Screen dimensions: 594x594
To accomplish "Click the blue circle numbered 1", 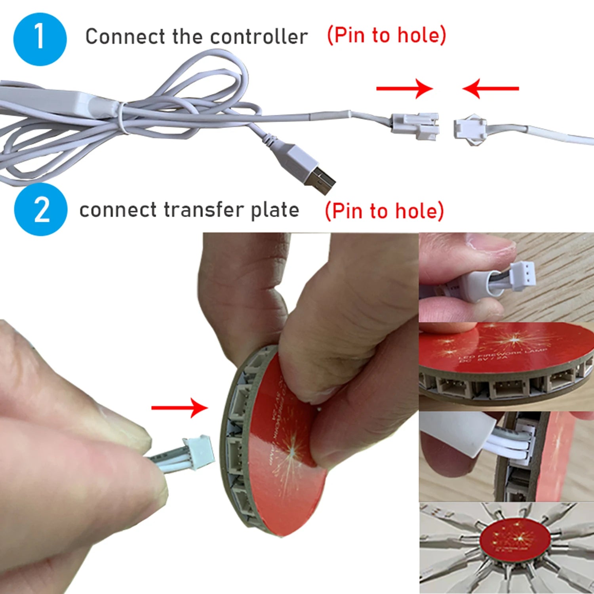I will tap(40, 39).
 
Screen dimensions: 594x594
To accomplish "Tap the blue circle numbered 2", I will tap(41, 209).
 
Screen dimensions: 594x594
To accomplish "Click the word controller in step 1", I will tap(259, 37).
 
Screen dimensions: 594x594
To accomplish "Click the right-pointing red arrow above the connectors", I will tap(404, 88).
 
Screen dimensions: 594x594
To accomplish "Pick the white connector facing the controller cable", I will tap(469, 129).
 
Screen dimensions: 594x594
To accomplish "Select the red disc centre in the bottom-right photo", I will tap(514, 539).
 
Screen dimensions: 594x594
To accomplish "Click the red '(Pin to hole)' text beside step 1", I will tap(386, 36).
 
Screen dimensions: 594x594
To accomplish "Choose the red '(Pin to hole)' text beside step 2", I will tap(384, 211).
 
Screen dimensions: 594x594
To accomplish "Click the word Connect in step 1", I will tap(125, 37).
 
